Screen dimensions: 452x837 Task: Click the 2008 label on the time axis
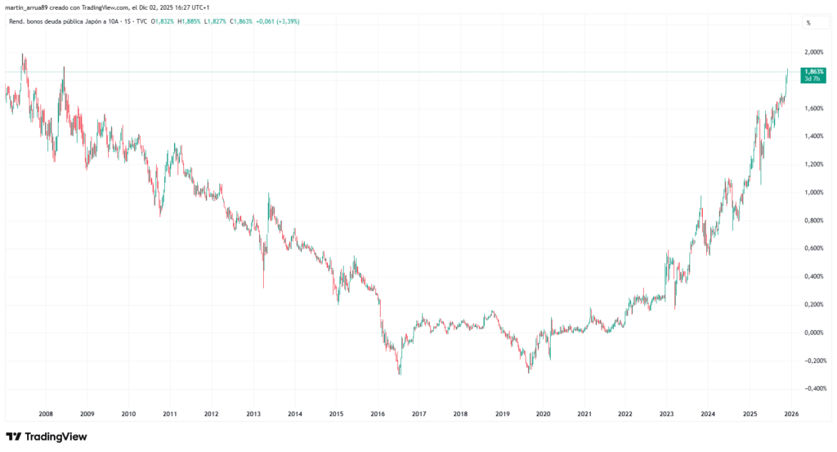tap(46, 414)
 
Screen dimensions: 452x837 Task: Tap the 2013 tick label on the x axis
tap(253, 414)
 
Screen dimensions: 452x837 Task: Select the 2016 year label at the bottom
tap(377, 414)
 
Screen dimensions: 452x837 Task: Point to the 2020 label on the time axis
tap(543, 414)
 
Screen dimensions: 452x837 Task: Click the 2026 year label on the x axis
tap(791, 414)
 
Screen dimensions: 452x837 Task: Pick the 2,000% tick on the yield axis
tap(814, 52)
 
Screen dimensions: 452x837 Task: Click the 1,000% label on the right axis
tap(814, 192)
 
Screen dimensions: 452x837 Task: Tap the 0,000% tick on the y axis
tap(814, 333)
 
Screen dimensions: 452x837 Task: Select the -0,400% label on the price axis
tap(813, 388)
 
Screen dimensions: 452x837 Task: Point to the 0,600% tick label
tap(814, 248)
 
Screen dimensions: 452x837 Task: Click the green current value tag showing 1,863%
tap(814, 74)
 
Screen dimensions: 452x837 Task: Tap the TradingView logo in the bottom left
tap(46, 436)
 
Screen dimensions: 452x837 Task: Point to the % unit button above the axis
tap(808, 23)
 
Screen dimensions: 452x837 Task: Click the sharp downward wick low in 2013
tap(263, 287)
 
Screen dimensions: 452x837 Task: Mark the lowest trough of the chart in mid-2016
tap(399, 374)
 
